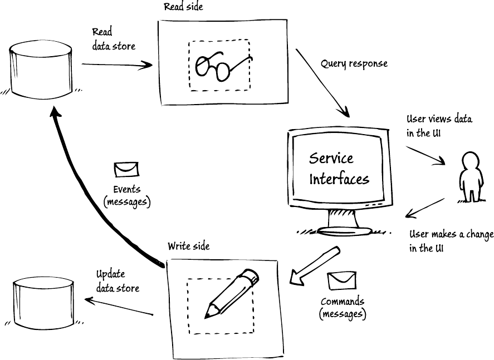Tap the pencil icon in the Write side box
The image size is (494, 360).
pos(231,293)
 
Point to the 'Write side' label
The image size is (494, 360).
pos(188,245)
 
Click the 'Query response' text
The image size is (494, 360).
pos(354,63)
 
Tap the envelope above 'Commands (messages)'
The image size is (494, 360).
pos(341,280)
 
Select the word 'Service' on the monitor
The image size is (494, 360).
pos(331,158)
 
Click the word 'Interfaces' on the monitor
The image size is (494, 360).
pos(339,179)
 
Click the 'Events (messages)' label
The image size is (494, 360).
pos(127,195)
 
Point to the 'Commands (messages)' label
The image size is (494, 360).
pos(343,308)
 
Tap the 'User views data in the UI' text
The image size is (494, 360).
pos(439,126)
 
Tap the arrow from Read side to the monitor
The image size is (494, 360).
pos(323,83)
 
